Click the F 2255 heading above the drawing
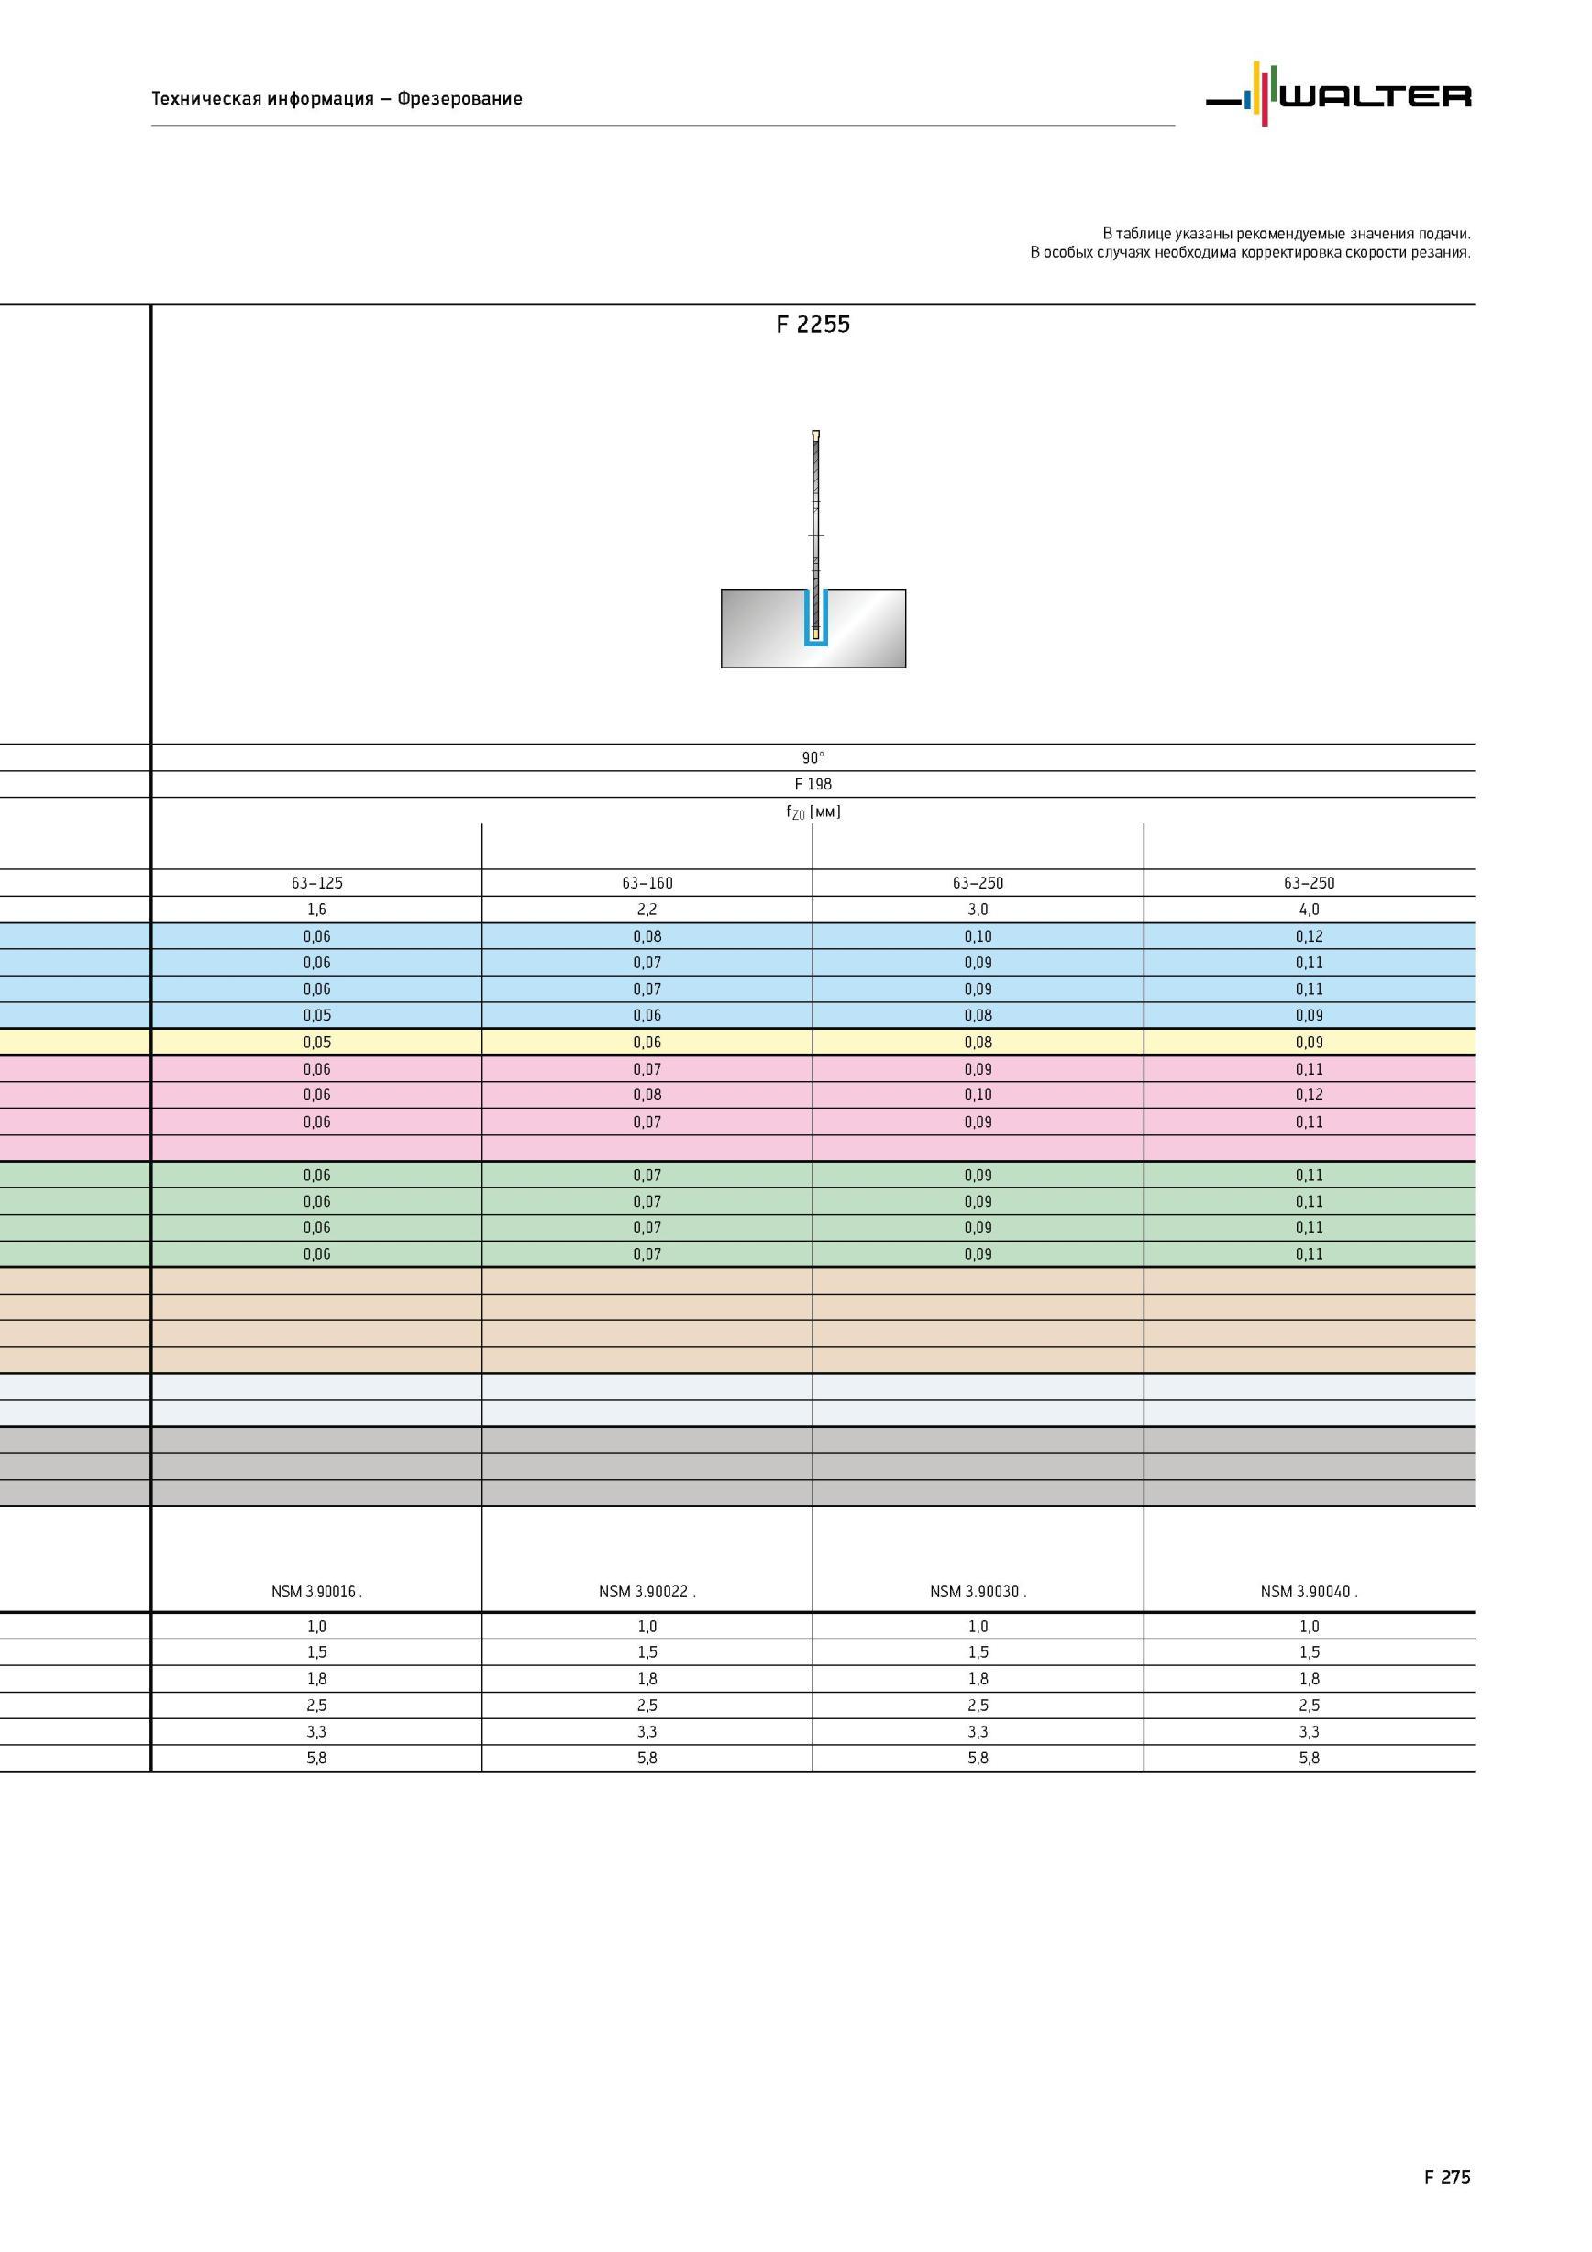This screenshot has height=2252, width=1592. coord(813,325)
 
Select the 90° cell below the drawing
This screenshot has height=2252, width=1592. coord(813,757)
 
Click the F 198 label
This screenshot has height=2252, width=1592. coord(813,784)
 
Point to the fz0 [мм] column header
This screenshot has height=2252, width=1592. coord(813,811)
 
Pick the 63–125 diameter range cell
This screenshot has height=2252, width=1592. coord(316,883)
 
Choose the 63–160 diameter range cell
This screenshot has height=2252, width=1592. coord(647,883)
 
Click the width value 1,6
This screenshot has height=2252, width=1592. coord(316,910)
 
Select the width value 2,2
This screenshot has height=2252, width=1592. coord(647,910)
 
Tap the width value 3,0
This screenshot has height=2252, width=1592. coord(978,910)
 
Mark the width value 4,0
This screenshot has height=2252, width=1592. coord(1310,910)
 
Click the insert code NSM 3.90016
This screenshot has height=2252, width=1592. coord(315,1591)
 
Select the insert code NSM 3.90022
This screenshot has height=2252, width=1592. coord(647,1591)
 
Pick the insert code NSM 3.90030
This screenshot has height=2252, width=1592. coord(978,1591)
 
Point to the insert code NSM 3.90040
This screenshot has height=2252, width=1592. coord(1309,1591)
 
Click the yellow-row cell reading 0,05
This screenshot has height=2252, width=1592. coord(316,1042)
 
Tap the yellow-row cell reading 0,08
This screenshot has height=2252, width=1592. coord(978,1042)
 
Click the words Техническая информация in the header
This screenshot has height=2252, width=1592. coord(263,98)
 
